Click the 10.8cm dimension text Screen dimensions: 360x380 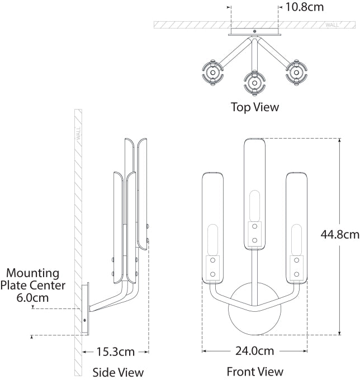click(x=305, y=7)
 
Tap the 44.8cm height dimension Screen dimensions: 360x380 click(x=340, y=234)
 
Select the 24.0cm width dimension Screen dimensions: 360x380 click(x=254, y=351)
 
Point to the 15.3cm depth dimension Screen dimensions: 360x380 click(x=115, y=351)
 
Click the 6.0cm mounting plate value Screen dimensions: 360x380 click(x=32, y=298)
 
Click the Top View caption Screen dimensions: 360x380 click(x=255, y=107)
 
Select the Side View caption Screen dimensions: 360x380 click(x=118, y=372)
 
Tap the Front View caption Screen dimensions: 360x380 click(x=255, y=372)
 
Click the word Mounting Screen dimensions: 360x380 click(x=33, y=273)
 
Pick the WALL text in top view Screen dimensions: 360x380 click(x=332, y=25)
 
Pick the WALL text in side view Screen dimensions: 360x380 click(x=78, y=134)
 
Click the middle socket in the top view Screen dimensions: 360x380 click(x=254, y=83)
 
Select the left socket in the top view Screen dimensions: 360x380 click(x=212, y=73)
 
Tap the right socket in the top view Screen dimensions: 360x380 click(x=296, y=73)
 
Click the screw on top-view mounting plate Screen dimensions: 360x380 click(x=254, y=31)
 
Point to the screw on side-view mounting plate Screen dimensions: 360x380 click(x=84, y=320)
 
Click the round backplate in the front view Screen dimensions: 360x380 click(x=254, y=308)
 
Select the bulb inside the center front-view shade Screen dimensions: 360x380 click(x=254, y=206)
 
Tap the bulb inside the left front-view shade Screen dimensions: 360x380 click(x=212, y=240)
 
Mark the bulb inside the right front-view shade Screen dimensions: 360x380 click(x=296, y=240)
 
